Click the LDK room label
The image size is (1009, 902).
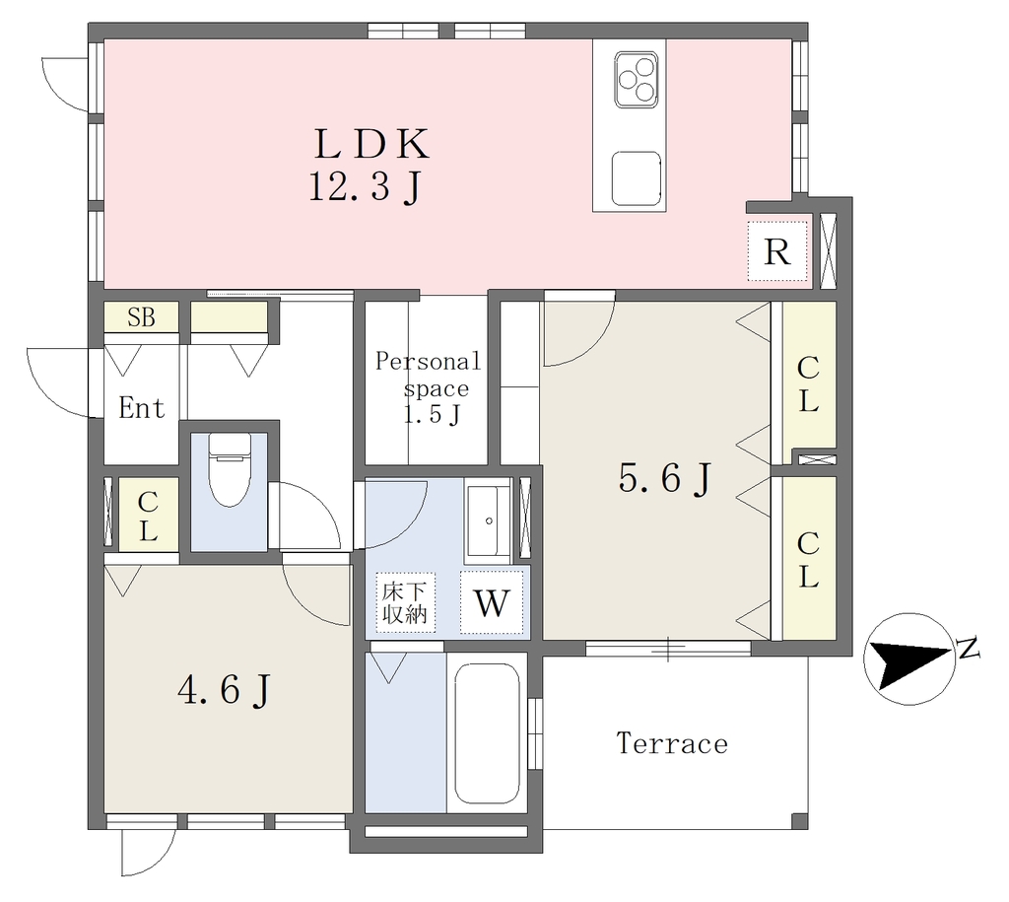(x=371, y=144)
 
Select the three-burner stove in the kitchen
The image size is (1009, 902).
(x=636, y=79)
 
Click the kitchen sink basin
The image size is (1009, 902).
(x=637, y=178)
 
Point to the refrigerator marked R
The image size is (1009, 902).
(x=776, y=251)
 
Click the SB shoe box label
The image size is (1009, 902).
(x=141, y=316)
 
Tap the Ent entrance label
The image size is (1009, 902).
(x=142, y=407)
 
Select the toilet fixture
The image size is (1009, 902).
(x=229, y=468)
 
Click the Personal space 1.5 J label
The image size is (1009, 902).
(x=428, y=387)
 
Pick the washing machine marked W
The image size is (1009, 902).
(x=492, y=602)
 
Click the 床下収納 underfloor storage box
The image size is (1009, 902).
(x=405, y=602)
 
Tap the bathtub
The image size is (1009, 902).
(x=487, y=733)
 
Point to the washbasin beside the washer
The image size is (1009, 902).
(x=489, y=520)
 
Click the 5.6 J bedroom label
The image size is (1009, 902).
(x=665, y=479)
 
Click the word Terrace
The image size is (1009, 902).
(x=672, y=743)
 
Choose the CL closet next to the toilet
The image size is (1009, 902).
(x=148, y=515)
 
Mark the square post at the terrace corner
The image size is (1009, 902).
(x=799, y=821)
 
